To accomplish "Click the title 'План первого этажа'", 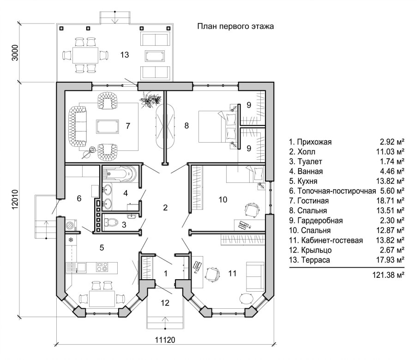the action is click(235, 26).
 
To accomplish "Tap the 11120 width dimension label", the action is click(165, 340).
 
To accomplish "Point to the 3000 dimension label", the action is click(16, 53).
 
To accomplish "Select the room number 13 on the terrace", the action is click(125, 54).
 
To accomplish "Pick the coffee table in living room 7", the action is click(108, 126).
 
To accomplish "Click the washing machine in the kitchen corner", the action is click(71, 224).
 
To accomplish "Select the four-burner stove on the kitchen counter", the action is click(102, 267).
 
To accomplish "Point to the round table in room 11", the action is click(246, 298).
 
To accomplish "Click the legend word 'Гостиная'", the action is click(313, 201).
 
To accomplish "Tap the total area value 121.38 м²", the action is click(388, 275).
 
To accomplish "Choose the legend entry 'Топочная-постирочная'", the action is click(336, 191).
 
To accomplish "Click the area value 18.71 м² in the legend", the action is click(390, 201).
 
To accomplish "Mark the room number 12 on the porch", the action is click(165, 303).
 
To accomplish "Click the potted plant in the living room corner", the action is click(150, 100).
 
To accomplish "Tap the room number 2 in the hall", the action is click(165, 207).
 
